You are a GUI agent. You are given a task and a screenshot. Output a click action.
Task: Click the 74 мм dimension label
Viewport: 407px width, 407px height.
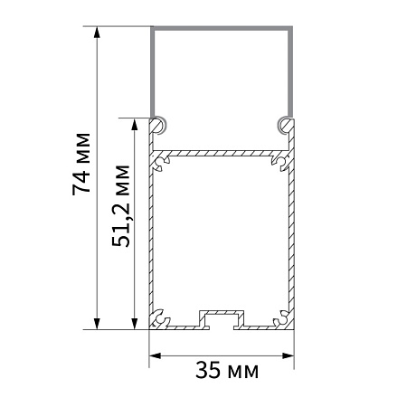click(x=81, y=164)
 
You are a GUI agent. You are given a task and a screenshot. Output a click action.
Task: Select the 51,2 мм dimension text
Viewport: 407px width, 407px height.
click(x=121, y=206)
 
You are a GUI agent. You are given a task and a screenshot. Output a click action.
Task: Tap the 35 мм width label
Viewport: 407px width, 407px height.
click(x=227, y=370)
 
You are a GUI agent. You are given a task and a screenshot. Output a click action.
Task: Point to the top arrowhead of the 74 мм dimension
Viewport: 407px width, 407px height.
click(x=97, y=33)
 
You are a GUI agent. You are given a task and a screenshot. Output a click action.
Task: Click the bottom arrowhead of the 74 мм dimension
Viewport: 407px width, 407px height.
click(x=97, y=324)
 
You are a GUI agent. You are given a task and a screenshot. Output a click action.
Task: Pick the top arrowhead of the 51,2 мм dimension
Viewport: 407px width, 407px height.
click(x=135, y=124)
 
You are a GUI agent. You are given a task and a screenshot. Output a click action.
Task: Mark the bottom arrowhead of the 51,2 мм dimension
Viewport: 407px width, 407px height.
click(x=135, y=324)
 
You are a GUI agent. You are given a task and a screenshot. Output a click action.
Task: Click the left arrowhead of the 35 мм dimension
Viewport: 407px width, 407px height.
click(x=156, y=355)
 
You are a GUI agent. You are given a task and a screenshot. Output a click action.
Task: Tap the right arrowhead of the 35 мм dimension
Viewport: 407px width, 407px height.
click(x=288, y=355)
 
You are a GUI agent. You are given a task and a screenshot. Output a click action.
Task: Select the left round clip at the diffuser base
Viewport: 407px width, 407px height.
click(x=159, y=125)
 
